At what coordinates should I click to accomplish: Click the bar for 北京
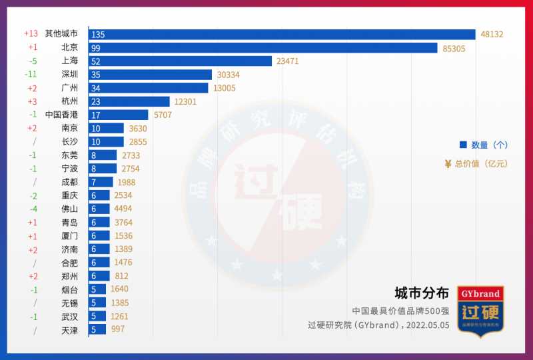[x=263, y=47]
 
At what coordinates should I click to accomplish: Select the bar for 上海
[x=180, y=61]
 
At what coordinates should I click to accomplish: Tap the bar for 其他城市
[x=282, y=34]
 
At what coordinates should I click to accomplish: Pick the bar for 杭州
[x=129, y=101]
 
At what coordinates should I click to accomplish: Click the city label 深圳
[x=69, y=74]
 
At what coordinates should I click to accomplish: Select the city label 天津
[x=69, y=330]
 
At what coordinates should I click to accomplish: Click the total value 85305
[x=454, y=48]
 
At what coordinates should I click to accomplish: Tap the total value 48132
[x=492, y=34]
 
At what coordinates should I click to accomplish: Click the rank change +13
[x=31, y=33]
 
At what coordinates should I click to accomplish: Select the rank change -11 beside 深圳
[x=31, y=74]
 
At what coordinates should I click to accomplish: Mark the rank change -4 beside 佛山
[x=32, y=209]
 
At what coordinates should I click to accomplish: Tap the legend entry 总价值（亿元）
[x=475, y=163]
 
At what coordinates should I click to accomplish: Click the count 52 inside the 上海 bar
[x=97, y=61]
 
